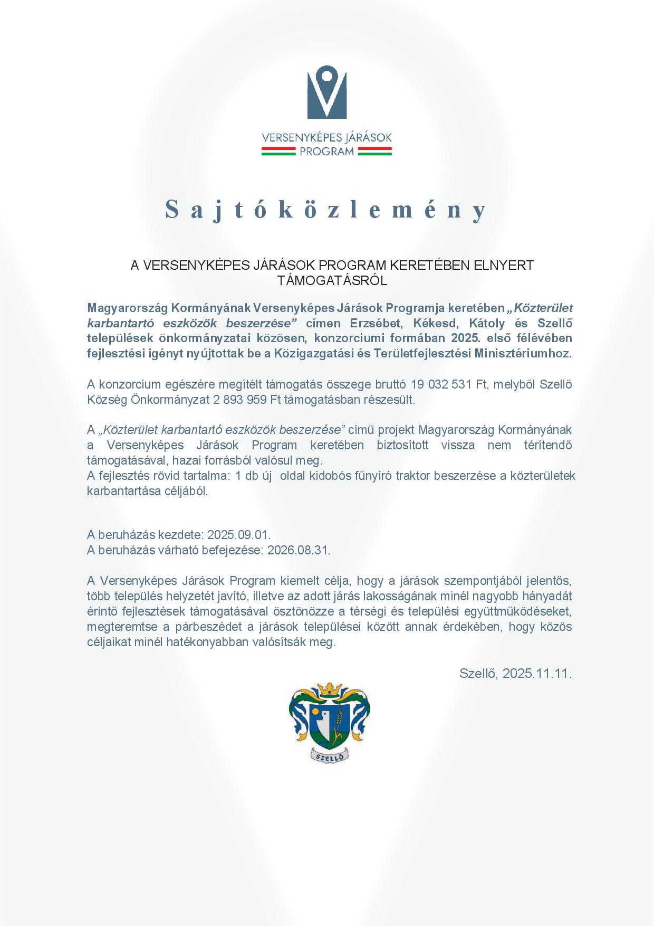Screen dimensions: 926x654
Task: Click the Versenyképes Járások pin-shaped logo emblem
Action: click(327, 95)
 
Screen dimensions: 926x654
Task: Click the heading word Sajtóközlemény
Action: click(327, 210)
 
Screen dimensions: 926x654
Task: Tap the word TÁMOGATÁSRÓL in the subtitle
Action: click(332, 281)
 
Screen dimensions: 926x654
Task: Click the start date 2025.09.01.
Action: click(239, 534)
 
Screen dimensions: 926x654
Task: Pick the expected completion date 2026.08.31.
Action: click(299, 550)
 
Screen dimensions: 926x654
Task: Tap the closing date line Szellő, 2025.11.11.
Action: click(515, 673)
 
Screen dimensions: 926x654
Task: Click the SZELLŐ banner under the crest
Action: click(330, 756)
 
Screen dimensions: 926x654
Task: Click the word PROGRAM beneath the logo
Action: click(327, 152)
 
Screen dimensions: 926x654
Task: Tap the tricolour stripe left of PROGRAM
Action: click(278, 152)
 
